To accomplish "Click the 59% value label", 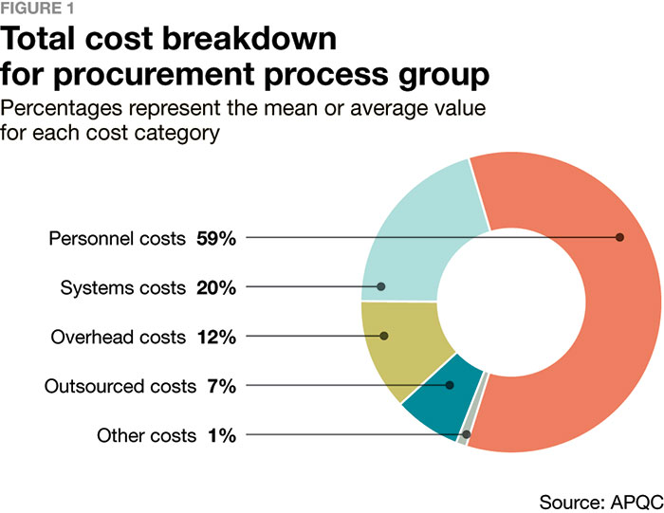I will tap(216, 237).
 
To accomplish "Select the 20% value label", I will tap(216, 286).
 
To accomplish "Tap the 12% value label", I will tap(216, 336).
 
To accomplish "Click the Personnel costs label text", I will tap(117, 237).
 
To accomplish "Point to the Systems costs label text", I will tap(123, 286).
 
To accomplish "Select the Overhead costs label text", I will tap(118, 336).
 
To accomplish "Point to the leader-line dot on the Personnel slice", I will tap(619, 237).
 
